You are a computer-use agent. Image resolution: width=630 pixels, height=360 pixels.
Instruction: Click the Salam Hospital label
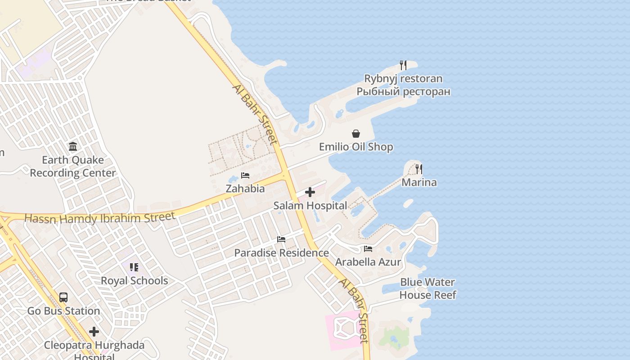(x=310, y=206)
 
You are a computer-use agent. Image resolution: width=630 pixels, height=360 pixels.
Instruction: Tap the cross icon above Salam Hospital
(x=310, y=193)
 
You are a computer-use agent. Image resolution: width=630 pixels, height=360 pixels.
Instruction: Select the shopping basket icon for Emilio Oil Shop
(x=356, y=134)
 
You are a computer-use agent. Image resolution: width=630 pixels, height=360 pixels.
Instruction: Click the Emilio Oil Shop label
(x=356, y=147)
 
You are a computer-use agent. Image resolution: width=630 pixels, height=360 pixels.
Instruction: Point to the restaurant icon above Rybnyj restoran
(x=403, y=65)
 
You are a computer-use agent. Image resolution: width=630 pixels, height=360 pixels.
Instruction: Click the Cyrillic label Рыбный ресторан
(x=403, y=92)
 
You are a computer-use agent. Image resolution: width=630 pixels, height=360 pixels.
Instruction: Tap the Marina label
(x=419, y=182)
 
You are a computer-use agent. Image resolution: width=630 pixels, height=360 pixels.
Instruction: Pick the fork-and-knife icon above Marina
(x=419, y=169)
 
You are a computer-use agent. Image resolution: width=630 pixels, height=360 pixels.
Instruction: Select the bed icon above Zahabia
(x=245, y=175)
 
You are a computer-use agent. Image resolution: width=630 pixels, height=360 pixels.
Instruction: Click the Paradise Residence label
(x=281, y=253)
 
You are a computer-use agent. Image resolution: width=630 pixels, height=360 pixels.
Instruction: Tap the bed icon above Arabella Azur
(x=368, y=249)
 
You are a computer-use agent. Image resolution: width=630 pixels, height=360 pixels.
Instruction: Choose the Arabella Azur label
(x=368, y=262)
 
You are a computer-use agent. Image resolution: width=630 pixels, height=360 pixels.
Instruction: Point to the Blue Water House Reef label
(x=427, y=288)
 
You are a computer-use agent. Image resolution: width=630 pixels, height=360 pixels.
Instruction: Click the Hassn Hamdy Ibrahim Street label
(x=99, y=218)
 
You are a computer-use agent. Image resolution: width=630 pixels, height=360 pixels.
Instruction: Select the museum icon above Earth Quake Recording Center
(x=73, y=147)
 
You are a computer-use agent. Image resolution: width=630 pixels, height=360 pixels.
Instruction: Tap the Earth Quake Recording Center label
(x=73, y=166)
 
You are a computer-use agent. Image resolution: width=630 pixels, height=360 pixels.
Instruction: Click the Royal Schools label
(x=134, y=281)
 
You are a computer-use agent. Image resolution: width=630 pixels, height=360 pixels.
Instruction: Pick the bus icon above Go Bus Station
(x=63, y=297)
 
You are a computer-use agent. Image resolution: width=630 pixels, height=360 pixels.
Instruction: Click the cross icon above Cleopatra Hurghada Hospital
(x=94, y=332)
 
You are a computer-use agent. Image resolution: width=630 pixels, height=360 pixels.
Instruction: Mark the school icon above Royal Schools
(x=134, y=267)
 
